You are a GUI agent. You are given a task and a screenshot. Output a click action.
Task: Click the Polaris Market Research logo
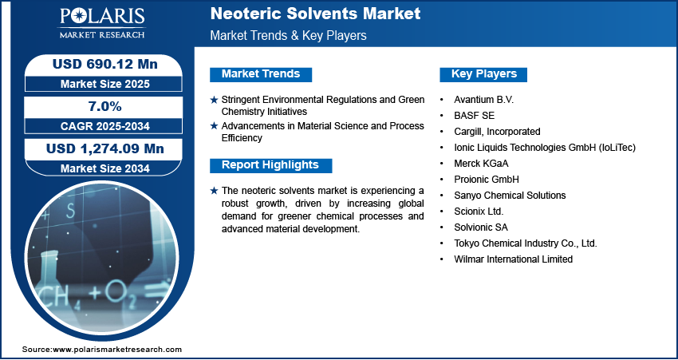(x=102, y=23)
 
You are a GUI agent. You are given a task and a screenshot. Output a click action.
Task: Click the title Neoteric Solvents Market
(x=315, y=14)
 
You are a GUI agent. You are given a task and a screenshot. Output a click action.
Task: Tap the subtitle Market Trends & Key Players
(x=289, y=35)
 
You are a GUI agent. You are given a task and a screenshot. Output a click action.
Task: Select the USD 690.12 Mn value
(x=105, y=64)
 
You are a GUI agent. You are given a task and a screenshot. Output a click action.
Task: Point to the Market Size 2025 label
(x=105, y=84)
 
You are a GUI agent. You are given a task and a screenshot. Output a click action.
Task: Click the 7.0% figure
(x=104, y=106)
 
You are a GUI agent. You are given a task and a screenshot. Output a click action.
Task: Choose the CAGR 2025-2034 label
(x=104, y=126)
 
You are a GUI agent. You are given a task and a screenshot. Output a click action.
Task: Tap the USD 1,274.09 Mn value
(x=105, y=148)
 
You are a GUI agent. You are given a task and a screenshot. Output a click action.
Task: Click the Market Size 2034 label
(x=105, y=168)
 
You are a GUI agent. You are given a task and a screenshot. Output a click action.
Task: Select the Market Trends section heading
(x=261, y=74)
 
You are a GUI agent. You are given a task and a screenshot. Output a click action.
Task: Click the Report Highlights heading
(x=270, y=165)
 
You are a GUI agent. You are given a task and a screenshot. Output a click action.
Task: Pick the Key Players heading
(x=484, y=74)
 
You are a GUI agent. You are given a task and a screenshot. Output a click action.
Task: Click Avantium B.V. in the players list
(x=484, y=100)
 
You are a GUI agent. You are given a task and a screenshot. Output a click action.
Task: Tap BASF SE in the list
(x=475, y=116)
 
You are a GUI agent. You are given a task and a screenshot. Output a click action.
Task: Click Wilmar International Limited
(x=513, y=259)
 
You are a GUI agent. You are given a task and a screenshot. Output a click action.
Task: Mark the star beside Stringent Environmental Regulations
(x=214, y=100)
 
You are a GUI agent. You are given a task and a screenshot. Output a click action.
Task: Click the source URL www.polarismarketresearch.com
(x=117, y=349)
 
